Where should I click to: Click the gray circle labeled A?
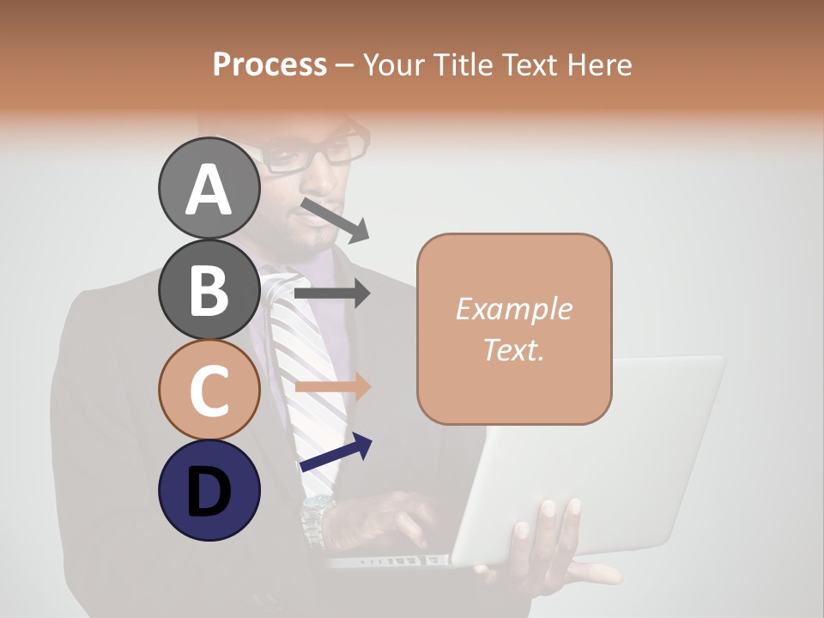[209, 188]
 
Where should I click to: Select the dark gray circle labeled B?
[209, 289]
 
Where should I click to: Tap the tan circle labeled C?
[209, 390]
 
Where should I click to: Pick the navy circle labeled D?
[209, 490]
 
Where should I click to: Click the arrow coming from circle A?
[335, 220]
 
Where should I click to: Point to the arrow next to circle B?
[332, 294]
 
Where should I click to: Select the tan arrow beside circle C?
[332, 387]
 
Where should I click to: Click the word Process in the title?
[270, 64]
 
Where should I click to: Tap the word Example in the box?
[513, 309]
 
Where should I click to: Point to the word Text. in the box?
[513, 349]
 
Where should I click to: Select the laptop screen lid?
[601, 455]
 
